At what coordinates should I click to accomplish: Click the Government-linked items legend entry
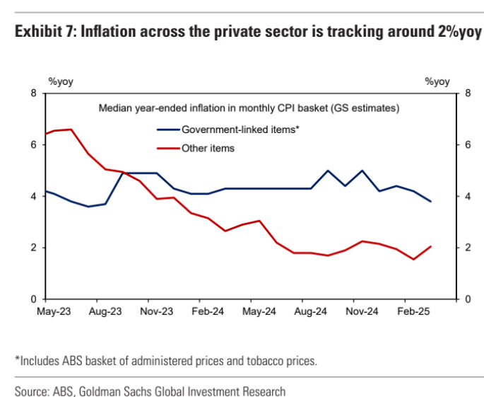click(x=221, y=130)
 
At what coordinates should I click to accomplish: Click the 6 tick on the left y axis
click(x=33, y=144)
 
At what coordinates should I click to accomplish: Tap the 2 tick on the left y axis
click(x=33, y=248)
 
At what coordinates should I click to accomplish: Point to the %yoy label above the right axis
click(x=437, y=81)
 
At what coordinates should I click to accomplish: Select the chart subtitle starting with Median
click(x=249, y=108)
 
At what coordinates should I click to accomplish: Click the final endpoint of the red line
click(x=430, y=246)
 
